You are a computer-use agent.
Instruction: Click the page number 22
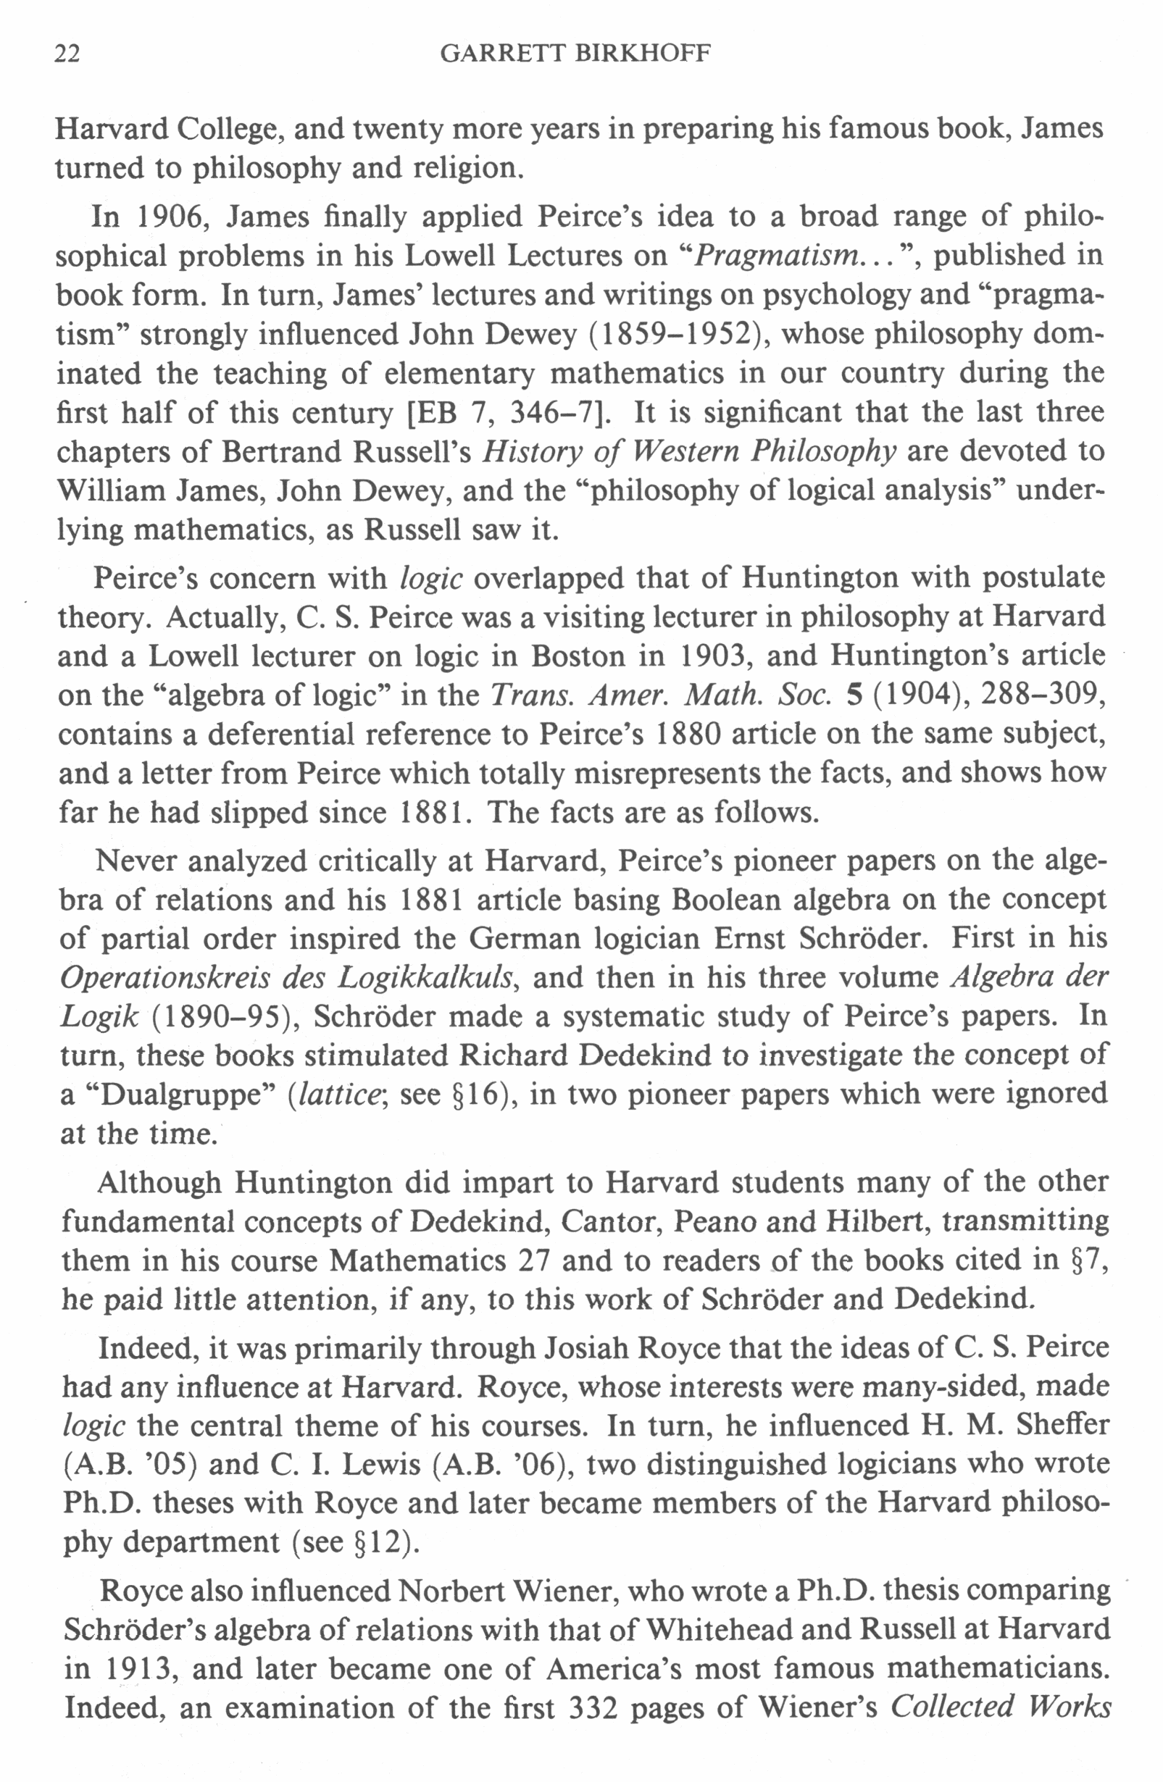[x=67, y=54]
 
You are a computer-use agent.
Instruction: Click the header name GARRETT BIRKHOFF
[x=575, y=54]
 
